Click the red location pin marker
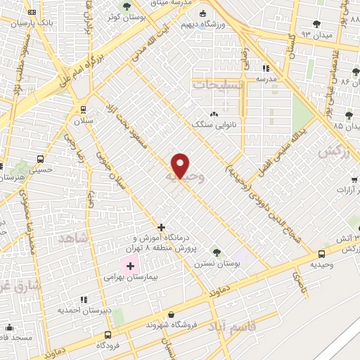click(181, 166)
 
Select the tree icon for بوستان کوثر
click(127, 6)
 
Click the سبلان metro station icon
click(84, 109)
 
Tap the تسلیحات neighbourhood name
click(217, 84)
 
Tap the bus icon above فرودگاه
click(108, 335)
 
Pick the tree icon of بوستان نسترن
click(216, 250)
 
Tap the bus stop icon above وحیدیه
click(321, 253)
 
